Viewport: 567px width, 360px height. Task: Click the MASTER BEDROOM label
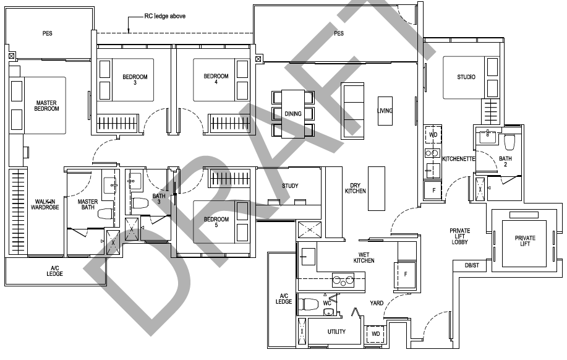coord(47,106)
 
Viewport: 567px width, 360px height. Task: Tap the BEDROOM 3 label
coord(135,79)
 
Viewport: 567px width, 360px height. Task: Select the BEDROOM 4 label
coord(216,79)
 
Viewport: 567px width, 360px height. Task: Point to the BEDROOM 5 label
coord(216,223)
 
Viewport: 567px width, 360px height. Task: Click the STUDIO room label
coord(466,77)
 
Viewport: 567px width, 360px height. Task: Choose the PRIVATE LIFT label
coord(525,241)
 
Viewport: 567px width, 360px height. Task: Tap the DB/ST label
coord(472,265)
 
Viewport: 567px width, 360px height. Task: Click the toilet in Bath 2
coord(510,142)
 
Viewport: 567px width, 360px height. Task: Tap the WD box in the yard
coord(375,333)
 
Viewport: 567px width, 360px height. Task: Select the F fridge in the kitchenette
coord(433,190)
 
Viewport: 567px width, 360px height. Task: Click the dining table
coord(293,114)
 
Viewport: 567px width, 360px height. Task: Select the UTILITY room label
coord(336,332)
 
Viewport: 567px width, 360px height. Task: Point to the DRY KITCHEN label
coord(356,188)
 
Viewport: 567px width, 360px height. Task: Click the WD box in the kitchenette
coord(433,134)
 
